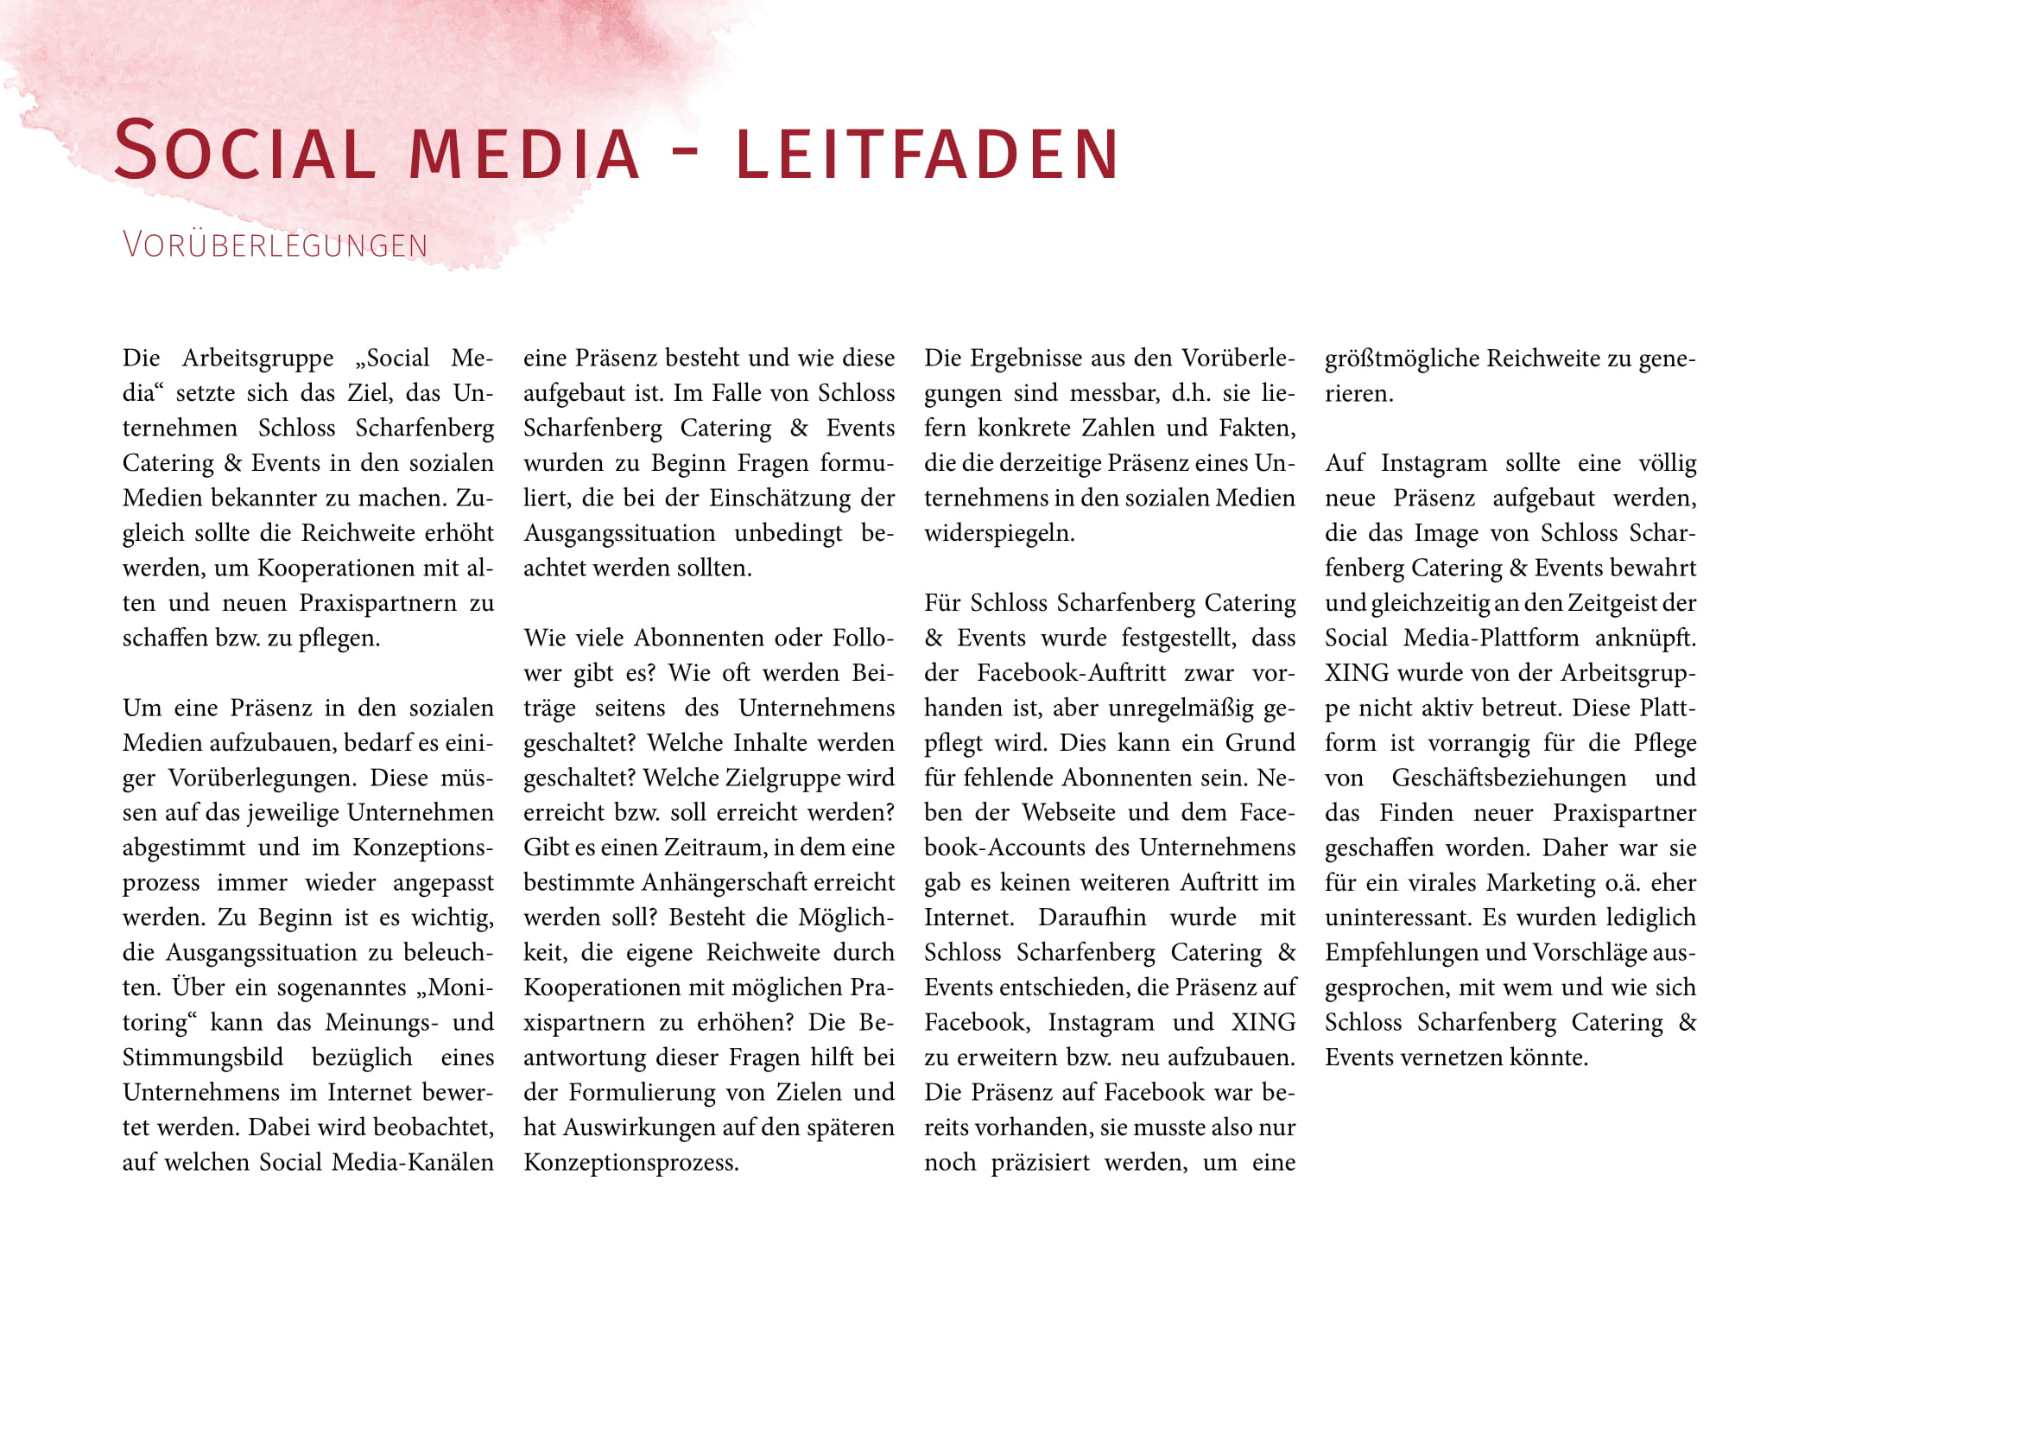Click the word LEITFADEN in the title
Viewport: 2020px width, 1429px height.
(x=928, y=155)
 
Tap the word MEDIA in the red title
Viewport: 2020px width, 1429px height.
(x=524, y=155)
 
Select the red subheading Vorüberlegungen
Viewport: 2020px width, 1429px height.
(x=275, y=245)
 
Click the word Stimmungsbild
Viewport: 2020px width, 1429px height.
(x=202, y=1057)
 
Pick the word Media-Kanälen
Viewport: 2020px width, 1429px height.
(x=413, y=1162)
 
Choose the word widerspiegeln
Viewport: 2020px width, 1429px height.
(x=998, y=533)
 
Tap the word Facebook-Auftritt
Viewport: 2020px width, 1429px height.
(x=1071, y=673)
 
